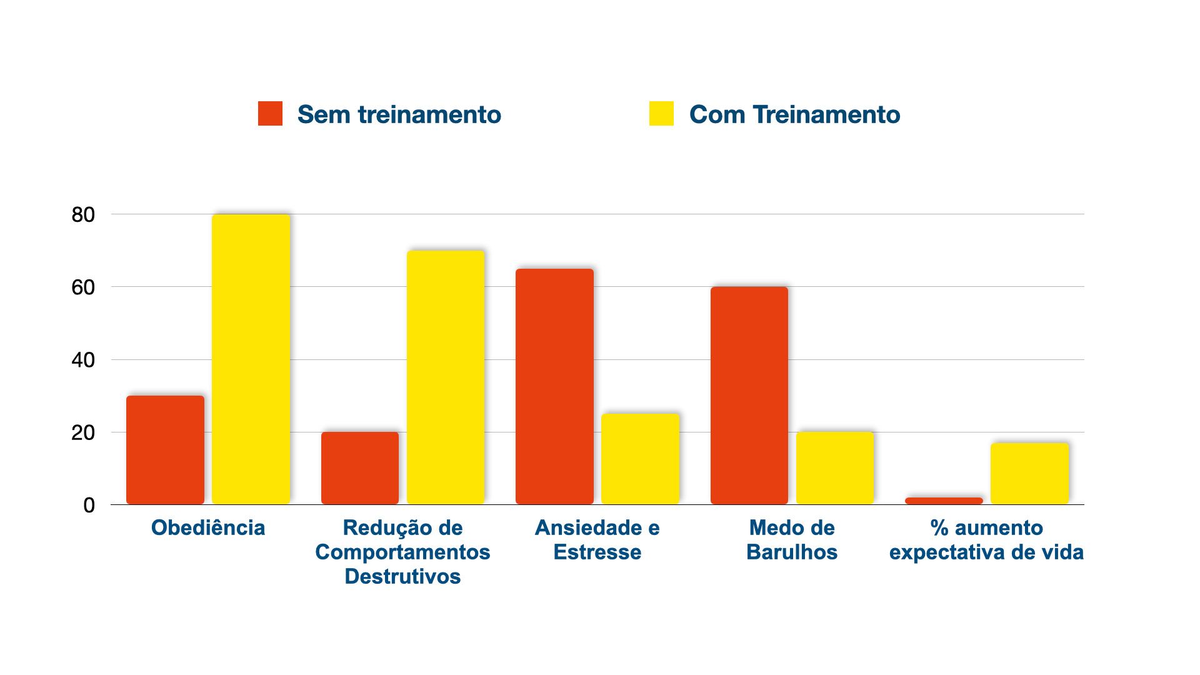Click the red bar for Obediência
165,449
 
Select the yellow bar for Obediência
251,359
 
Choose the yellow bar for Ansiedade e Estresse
640,459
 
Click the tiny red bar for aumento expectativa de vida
944,501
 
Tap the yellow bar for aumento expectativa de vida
1029,473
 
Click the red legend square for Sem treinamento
270,114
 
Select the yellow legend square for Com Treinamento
661,114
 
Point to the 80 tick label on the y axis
83,215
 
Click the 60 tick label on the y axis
83,287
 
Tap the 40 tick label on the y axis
83,360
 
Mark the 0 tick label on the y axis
89,505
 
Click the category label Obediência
208,528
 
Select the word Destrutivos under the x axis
402,576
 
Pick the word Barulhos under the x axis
792,552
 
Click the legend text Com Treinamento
794,114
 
